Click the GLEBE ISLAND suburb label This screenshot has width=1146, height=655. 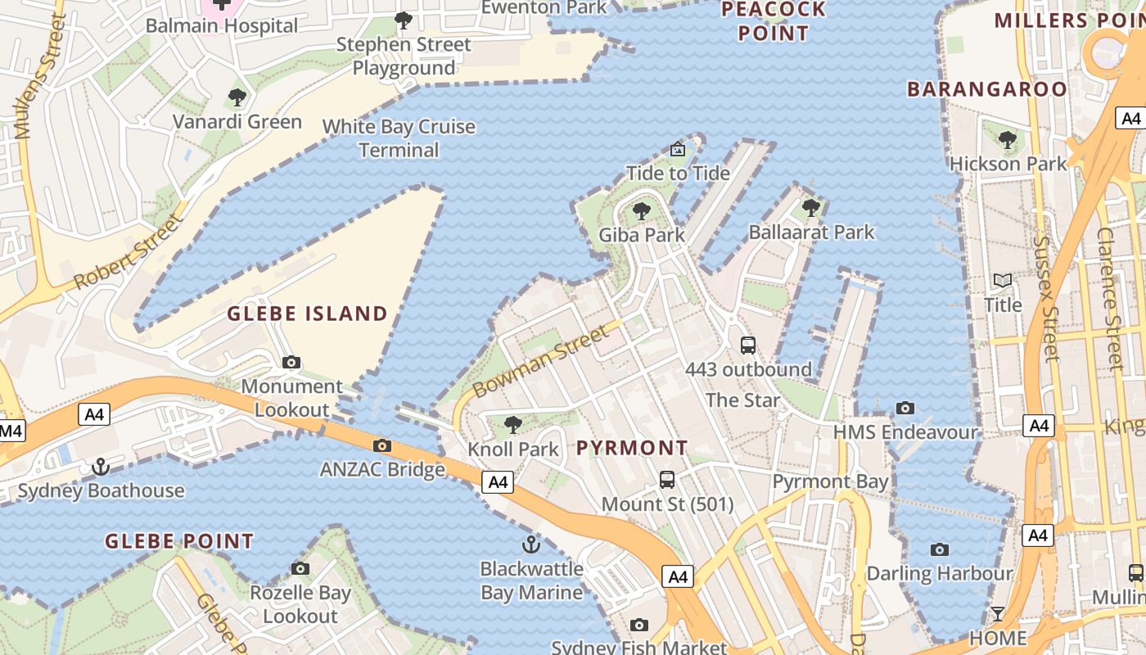click(x=307, y=314)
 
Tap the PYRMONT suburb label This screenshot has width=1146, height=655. click(x=632, y=448)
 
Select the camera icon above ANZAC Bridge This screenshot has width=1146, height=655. click(x=381, y=445)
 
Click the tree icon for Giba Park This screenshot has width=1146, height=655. click(x=642, y=211)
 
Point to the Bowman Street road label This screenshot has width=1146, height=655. click(x=541, y=359)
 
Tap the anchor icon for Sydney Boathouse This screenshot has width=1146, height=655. click(x=101, y=467)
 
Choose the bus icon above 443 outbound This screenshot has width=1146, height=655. click(x=748, y=346)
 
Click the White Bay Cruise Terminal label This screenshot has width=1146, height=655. click(x=399, y=138)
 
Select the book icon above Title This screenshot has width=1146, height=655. click(x=1003, y=281)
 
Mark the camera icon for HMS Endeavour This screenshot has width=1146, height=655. click(x=905, y=408)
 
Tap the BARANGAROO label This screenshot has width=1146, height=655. click(x=987, y=89)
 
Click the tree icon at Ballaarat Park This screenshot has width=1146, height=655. click(x=811, y=208)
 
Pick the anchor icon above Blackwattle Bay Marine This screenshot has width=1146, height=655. click(x=532, y=544)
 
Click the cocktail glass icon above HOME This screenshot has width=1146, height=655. click(x=998, y=613)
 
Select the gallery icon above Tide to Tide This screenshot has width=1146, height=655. click(x=678, y=149)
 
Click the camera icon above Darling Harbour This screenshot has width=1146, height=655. click(x=940, y=549)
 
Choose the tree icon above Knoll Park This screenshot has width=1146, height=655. click(x=513, y=425)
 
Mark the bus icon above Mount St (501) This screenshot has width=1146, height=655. click(x=667, y=480)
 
